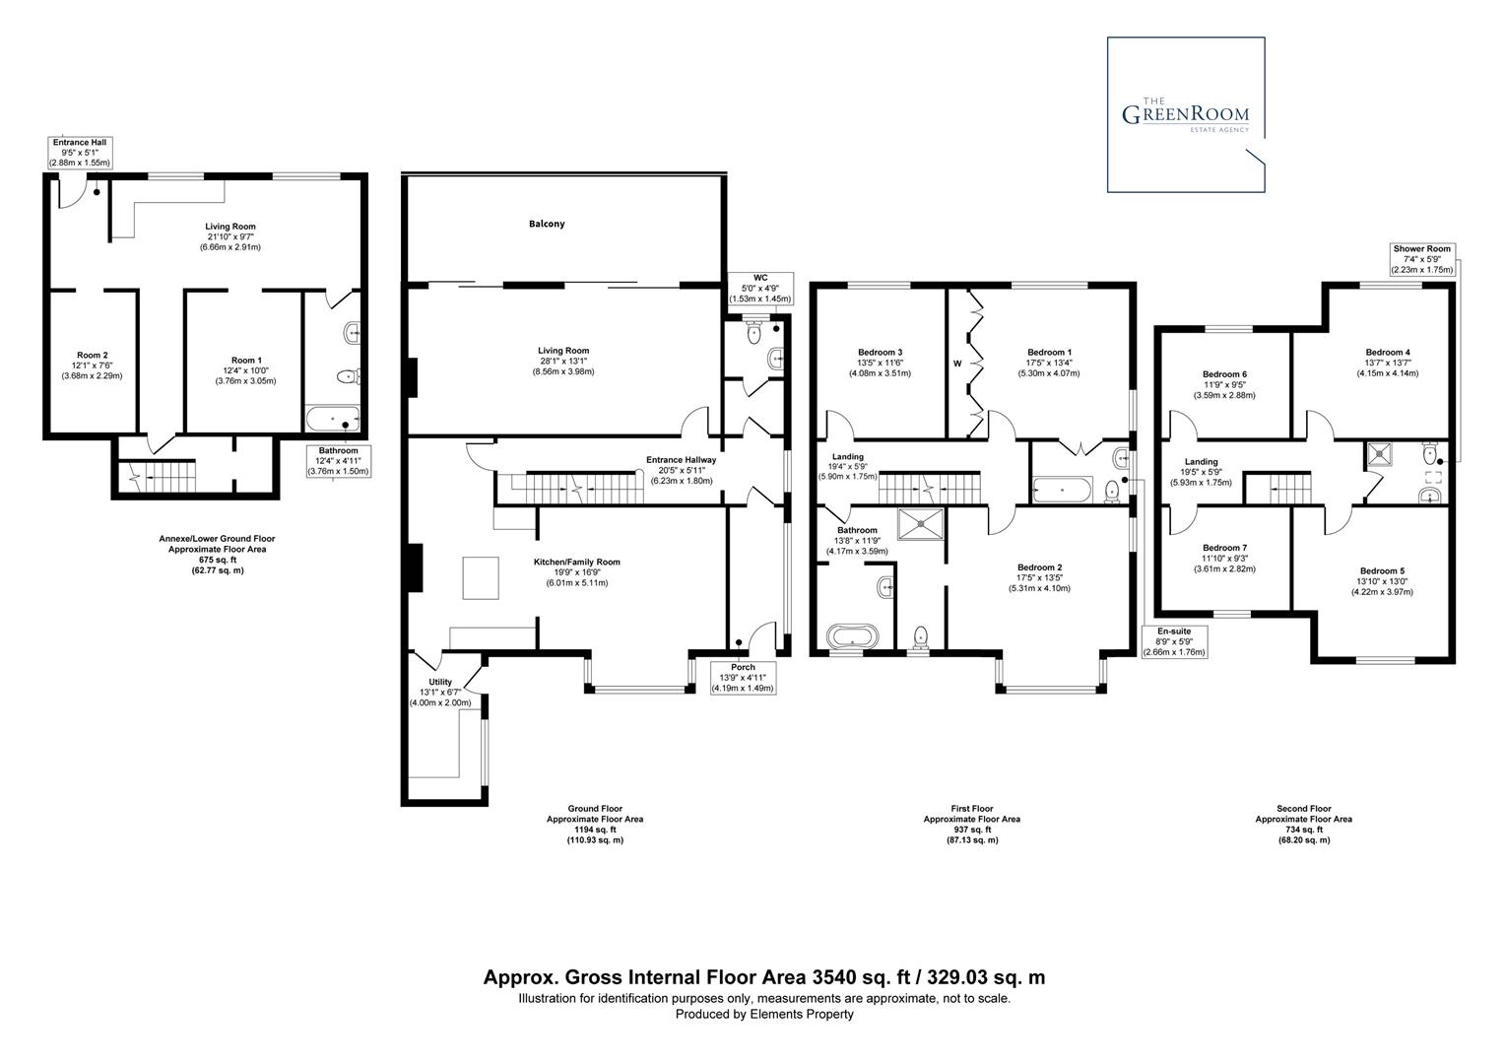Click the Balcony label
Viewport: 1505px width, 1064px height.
click(x=547, y=224)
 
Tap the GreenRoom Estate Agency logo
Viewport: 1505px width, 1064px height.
click(x=1186, y=115)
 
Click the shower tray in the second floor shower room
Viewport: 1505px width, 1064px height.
click(x=1376, y=454)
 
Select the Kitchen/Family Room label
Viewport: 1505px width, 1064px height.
click(x=577, y=562)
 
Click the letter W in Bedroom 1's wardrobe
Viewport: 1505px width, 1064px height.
click(x=956, y=364)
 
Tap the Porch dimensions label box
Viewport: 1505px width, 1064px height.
click(x=744, y=678)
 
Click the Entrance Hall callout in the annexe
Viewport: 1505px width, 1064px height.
click(x=81, y=152)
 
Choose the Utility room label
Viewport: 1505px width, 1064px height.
click(x=439, y=682)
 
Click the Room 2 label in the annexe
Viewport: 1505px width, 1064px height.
click(x=92, y=355)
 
